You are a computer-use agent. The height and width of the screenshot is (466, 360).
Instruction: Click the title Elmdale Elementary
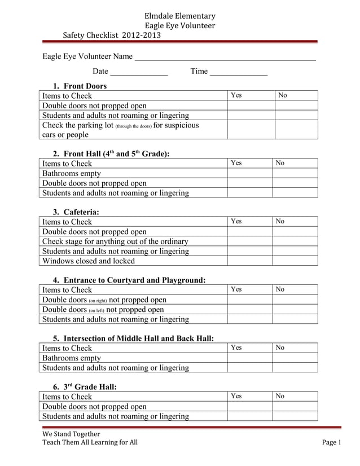(180, 16)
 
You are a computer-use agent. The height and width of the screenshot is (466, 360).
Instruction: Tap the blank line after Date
(139, 72)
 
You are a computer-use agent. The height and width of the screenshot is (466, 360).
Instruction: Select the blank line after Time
(238, 72)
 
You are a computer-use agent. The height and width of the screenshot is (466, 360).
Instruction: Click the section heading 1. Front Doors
(80, 86)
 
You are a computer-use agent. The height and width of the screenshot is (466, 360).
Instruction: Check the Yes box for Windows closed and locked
(250, 261)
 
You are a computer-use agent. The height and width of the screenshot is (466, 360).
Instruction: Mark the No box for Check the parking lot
(296, 129)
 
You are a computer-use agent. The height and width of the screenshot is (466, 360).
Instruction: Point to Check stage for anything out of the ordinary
(116, 241)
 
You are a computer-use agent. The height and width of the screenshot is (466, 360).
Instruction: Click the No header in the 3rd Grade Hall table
(280, 397)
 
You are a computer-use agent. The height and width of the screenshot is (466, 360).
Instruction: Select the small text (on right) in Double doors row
(98, 300)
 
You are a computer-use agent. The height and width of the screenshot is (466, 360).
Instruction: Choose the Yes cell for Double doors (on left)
(250, 309)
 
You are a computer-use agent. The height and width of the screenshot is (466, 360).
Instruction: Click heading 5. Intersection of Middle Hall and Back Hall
(133, 338)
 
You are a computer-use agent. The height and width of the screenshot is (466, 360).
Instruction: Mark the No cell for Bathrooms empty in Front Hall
(295, 173)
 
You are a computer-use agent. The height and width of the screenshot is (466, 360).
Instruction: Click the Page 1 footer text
(332, 442)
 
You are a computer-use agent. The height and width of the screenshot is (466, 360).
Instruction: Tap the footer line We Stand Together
(71, 434)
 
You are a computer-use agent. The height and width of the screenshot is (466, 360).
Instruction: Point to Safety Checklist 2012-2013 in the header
(112, 35)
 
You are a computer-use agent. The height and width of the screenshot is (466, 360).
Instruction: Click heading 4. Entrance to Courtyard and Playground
(129, 280)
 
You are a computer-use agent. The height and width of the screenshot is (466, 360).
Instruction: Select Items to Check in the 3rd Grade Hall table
(67, 397)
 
